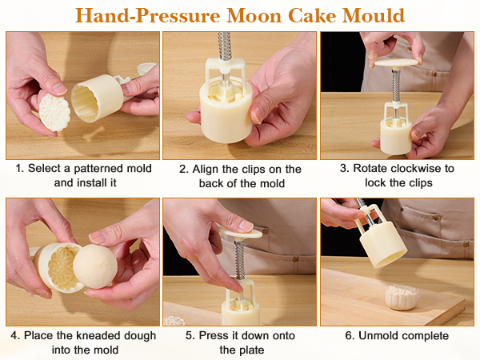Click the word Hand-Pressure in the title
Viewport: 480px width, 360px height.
point(142,15)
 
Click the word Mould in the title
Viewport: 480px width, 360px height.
point(375,15)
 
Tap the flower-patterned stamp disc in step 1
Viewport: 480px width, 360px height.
point(55,113)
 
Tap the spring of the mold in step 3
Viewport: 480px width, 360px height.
point(395,88)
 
